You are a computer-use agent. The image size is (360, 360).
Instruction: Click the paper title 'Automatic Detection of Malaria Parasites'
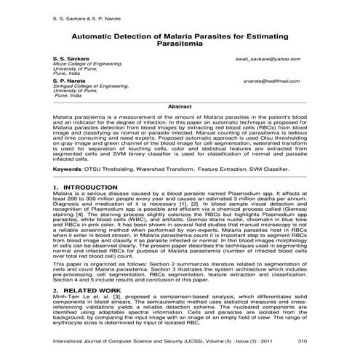click(x=180, y=33)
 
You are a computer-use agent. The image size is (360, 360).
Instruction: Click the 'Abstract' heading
click(x=179, y=107)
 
